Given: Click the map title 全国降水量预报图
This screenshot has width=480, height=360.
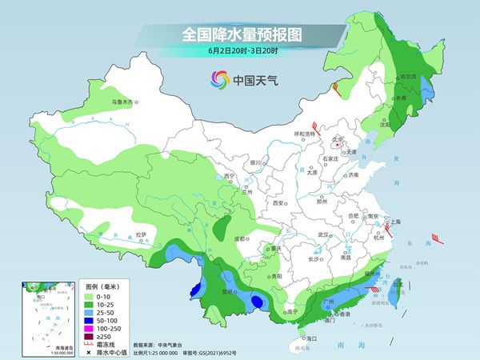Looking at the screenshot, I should click(240, 35).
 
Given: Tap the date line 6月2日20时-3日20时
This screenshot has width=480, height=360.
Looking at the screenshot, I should click(239, 52).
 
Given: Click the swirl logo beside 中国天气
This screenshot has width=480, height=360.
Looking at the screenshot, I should click(219, 79).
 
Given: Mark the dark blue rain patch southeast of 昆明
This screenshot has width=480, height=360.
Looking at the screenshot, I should click(256, 301).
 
